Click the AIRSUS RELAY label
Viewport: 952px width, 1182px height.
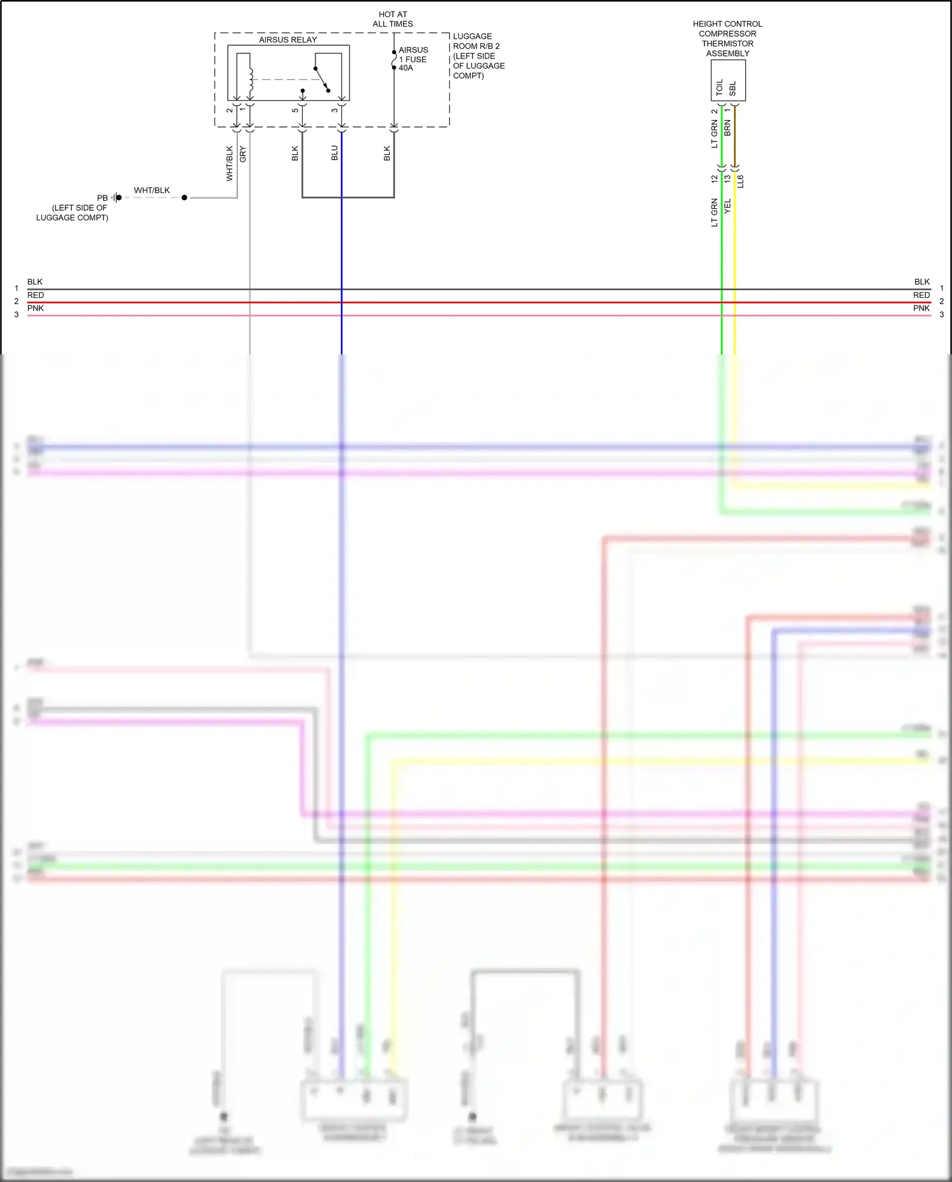click(x=288, y=39)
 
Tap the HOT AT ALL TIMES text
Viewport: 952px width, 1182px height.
click(x=393, y=19)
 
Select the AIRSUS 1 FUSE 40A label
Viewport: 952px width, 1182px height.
click(x=413, y=59)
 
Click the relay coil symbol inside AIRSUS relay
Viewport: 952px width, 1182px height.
click(x=251, y=79)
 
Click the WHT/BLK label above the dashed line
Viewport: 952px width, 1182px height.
click(x=152, y=190)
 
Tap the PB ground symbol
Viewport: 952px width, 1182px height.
click(x=116, y=198)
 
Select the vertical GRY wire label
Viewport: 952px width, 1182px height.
click(x=242, y=154)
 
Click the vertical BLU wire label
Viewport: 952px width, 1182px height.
click(x=334, y=153)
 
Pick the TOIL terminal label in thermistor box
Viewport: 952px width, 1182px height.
click(x=719, y=88)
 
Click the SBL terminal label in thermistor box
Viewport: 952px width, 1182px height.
click(x=732, y=88)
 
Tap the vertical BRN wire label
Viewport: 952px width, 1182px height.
click(x=728, y=128)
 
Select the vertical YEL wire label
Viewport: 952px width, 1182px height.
click(x=728, y=206)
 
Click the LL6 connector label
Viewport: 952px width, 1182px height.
click(x=741, y=181)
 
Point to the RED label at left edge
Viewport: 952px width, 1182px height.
click(x=36, y=295)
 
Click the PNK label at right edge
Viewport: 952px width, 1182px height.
click(x=921, y=308)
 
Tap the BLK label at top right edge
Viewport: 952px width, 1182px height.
click(x=922, y=281)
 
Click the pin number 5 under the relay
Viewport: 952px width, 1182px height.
click(x=295, y=111)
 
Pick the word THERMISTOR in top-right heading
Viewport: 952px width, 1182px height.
click(x=727, y=43)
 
